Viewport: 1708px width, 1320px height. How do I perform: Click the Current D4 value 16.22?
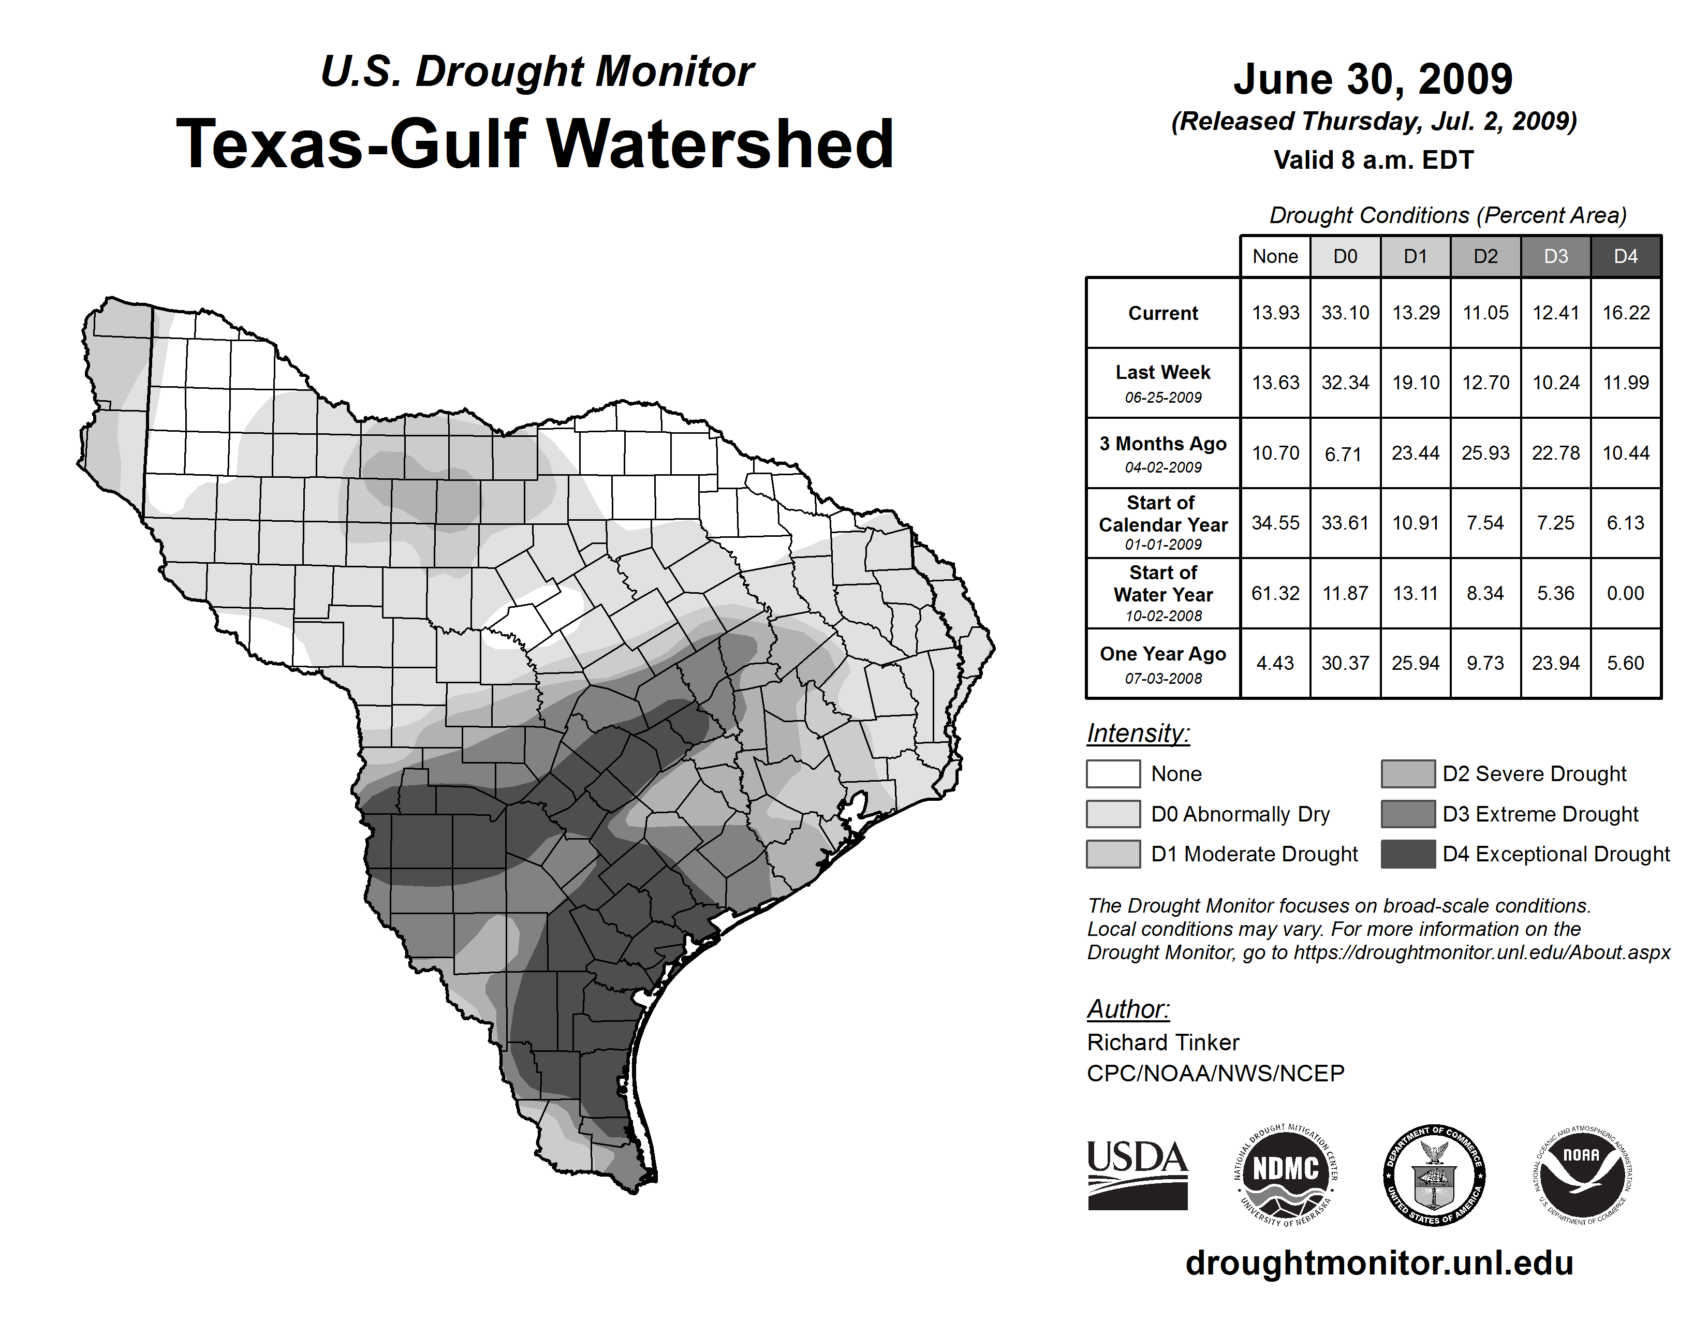point(1625,313)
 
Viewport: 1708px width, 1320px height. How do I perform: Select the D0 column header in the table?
point(1345,256)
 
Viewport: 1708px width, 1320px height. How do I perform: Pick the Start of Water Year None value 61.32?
point(1275,594)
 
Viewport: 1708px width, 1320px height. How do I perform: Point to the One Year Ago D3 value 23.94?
point(1555,663)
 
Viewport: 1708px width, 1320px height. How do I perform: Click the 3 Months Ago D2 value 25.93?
point(1485,453)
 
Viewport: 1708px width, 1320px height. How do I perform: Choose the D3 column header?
point(1555,256)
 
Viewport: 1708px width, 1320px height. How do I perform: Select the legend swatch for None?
point(1113,773)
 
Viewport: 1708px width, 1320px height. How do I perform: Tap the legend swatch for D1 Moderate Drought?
point(1113,854)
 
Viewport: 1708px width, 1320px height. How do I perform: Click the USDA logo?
point(1137,1175)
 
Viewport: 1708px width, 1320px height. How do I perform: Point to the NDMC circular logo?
point(1286,1175)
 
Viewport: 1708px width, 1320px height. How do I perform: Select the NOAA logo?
point(1581,1175)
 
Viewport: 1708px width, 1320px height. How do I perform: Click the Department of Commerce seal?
point(1434,1175)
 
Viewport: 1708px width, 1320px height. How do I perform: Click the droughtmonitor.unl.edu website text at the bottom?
point(1379,1263)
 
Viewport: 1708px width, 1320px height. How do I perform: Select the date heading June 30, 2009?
point(1373,79)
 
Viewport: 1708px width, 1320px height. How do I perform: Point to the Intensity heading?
point(1138,734)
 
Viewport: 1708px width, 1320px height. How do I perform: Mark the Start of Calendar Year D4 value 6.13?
point(1625,523)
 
